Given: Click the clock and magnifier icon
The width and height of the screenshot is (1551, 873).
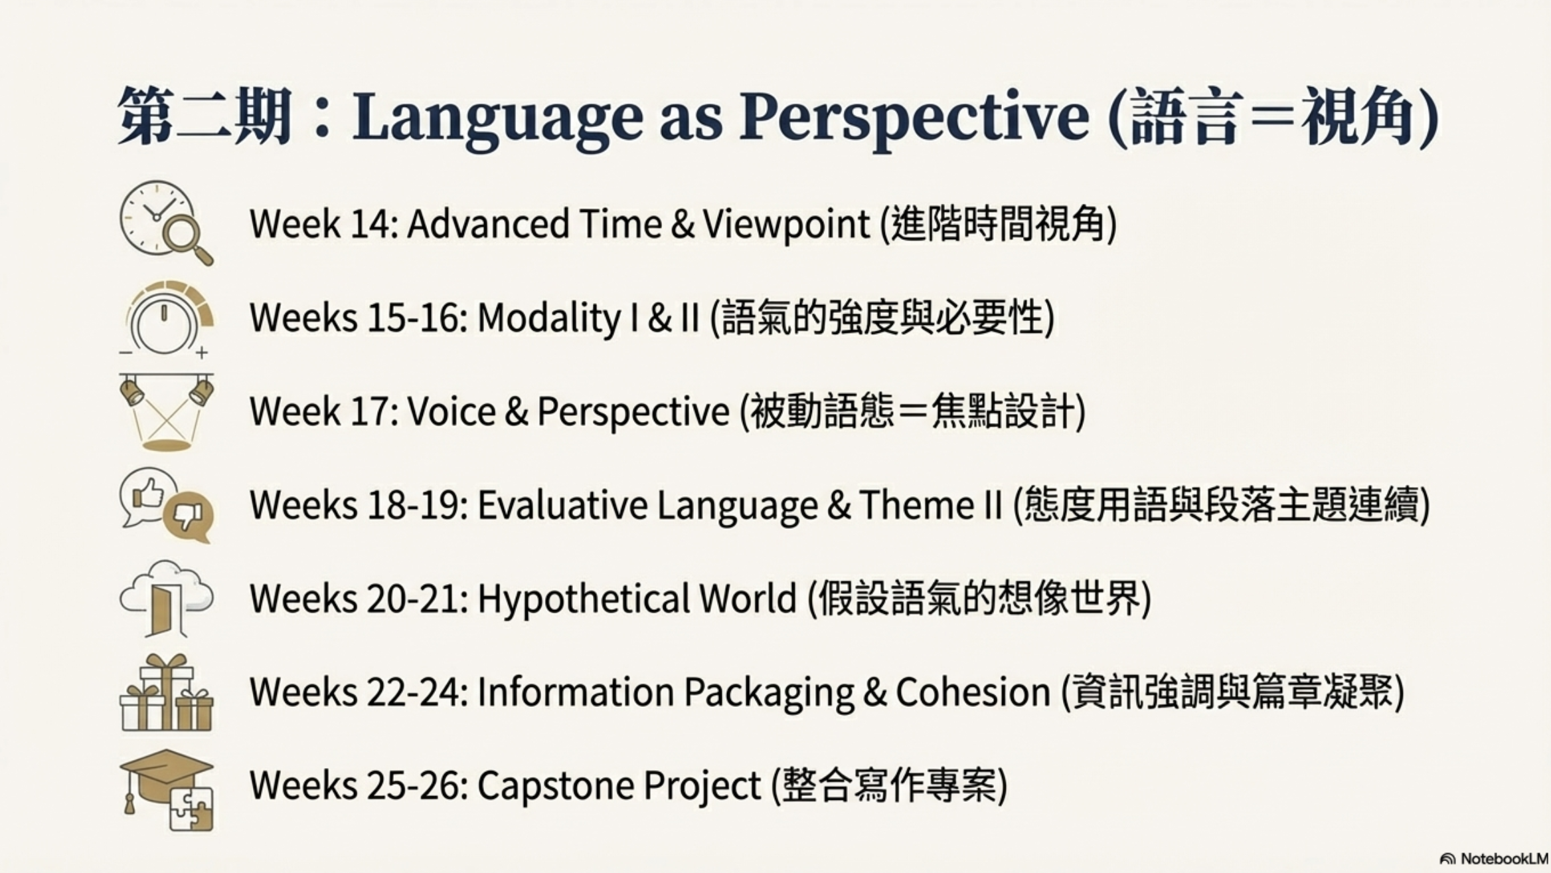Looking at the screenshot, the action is [166, 223].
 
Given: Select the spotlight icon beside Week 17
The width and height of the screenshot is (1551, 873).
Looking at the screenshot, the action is [166, 412].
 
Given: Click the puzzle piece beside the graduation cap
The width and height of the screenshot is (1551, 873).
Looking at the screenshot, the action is [191, 809].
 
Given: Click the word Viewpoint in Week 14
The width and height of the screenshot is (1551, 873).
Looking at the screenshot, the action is [786, 224].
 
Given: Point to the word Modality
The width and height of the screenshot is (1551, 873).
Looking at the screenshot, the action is [548, 318].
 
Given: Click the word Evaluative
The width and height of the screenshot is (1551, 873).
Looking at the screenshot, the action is [562, 505].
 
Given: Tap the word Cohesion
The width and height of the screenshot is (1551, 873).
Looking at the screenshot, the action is [973, 692].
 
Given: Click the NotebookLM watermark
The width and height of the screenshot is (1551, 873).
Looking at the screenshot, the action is [1494, 858].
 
